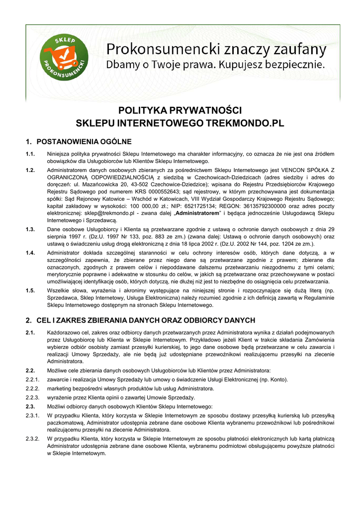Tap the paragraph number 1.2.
[x=30, y=170]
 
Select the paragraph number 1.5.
[x=30, y=290]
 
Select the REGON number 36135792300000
[x=257, y=205]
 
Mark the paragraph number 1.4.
[x=30, y=253]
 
